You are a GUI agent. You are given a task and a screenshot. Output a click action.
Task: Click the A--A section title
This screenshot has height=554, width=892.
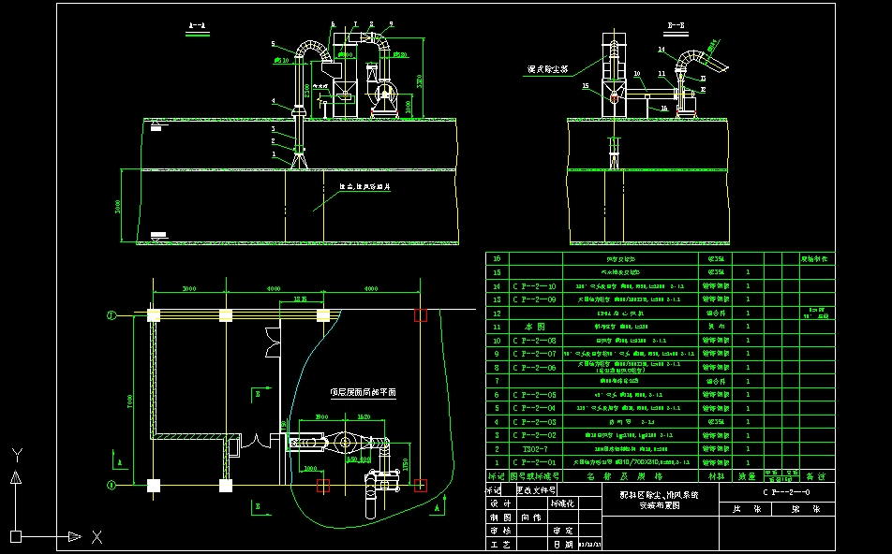197,23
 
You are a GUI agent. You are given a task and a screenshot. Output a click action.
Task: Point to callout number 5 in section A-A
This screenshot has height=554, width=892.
273,44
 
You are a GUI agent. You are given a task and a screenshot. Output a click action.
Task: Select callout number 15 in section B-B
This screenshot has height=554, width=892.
586,86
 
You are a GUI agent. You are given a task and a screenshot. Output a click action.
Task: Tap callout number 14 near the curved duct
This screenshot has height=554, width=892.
661,49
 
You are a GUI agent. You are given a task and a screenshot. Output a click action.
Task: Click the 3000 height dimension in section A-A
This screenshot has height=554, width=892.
117,207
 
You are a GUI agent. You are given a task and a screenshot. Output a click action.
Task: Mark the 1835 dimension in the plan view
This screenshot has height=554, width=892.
301,298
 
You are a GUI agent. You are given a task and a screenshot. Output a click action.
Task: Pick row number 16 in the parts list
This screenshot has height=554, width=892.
497,258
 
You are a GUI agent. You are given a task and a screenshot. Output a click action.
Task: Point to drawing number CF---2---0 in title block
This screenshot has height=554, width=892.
786,491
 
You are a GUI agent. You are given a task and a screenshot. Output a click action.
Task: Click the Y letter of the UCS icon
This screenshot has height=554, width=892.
16,454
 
